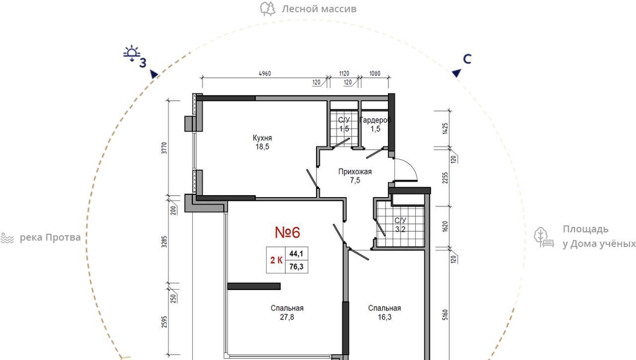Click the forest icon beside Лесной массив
click(x=268, y=9)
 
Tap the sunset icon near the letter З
click(x=132, y=53)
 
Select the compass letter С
click(x=467, y=59)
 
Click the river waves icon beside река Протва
click(x=7, y=238)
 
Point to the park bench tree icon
click(x=544, y=237)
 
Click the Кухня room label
click(x=262, y=138)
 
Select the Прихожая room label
click(x=355, y=172)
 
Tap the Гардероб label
click(x=375, y=120)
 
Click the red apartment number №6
click(x=287, y=232)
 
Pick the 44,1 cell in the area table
click(x=297, y=254)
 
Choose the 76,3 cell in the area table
click(x=297, y=267)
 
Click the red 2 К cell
click(x=276, y=260)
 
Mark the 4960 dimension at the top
click(x=265, y=73)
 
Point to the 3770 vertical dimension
click(x=164, y=148)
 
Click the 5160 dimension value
click(x=445, y=315)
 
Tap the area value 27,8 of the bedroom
click(x=287, y=317)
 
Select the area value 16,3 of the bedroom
click(x=385, y=317)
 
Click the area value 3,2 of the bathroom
click(x=400, y=229)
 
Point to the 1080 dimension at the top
click(x=375, y=73)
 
